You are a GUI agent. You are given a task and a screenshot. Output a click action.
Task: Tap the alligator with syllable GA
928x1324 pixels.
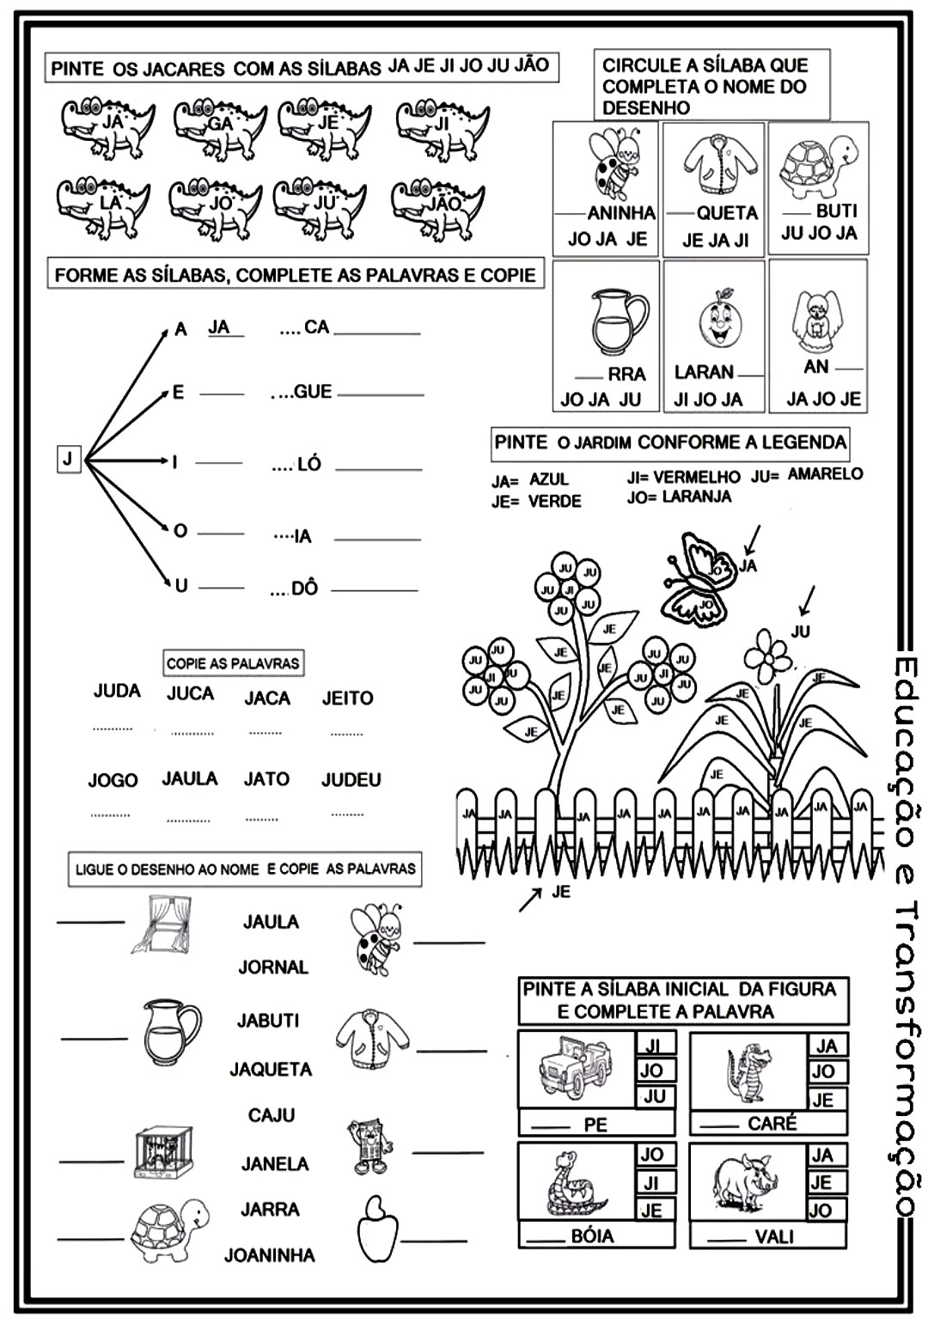[x=218, y=130]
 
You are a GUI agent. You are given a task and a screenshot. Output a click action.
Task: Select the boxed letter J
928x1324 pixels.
[x=68, y=459]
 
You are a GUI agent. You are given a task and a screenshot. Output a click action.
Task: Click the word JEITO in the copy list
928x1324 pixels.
[x=347, y=699]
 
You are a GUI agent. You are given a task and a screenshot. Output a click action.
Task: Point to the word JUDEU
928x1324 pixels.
[x=351, y=780]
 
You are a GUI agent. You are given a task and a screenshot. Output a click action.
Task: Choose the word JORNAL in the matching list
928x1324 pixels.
[x=272, y=967]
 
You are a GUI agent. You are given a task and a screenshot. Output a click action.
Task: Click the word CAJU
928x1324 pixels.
[x=271, y=1115]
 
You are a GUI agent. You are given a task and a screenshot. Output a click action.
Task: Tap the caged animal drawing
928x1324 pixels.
[x=163, y=1152]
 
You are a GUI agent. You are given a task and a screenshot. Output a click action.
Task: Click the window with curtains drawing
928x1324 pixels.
[x=161, y=924]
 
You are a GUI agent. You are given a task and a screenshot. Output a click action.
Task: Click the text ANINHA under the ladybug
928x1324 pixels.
[x=620, y=212]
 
